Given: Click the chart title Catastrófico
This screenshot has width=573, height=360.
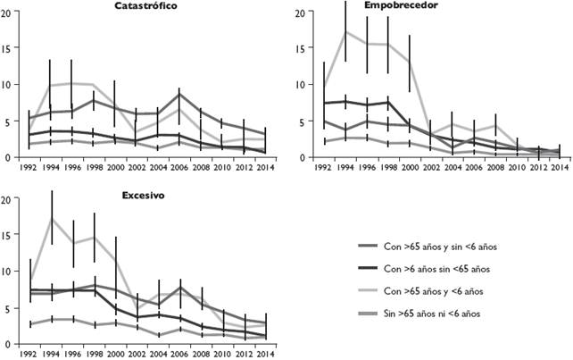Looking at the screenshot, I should point(145,5).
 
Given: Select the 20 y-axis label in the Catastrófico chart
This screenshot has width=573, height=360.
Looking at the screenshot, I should point(8,13).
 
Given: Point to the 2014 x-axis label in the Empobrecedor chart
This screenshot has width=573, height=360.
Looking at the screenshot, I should point(558,166).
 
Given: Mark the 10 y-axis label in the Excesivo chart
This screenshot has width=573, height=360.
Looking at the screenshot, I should point(8,272).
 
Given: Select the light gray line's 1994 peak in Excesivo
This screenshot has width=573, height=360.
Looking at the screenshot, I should point(53,217).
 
